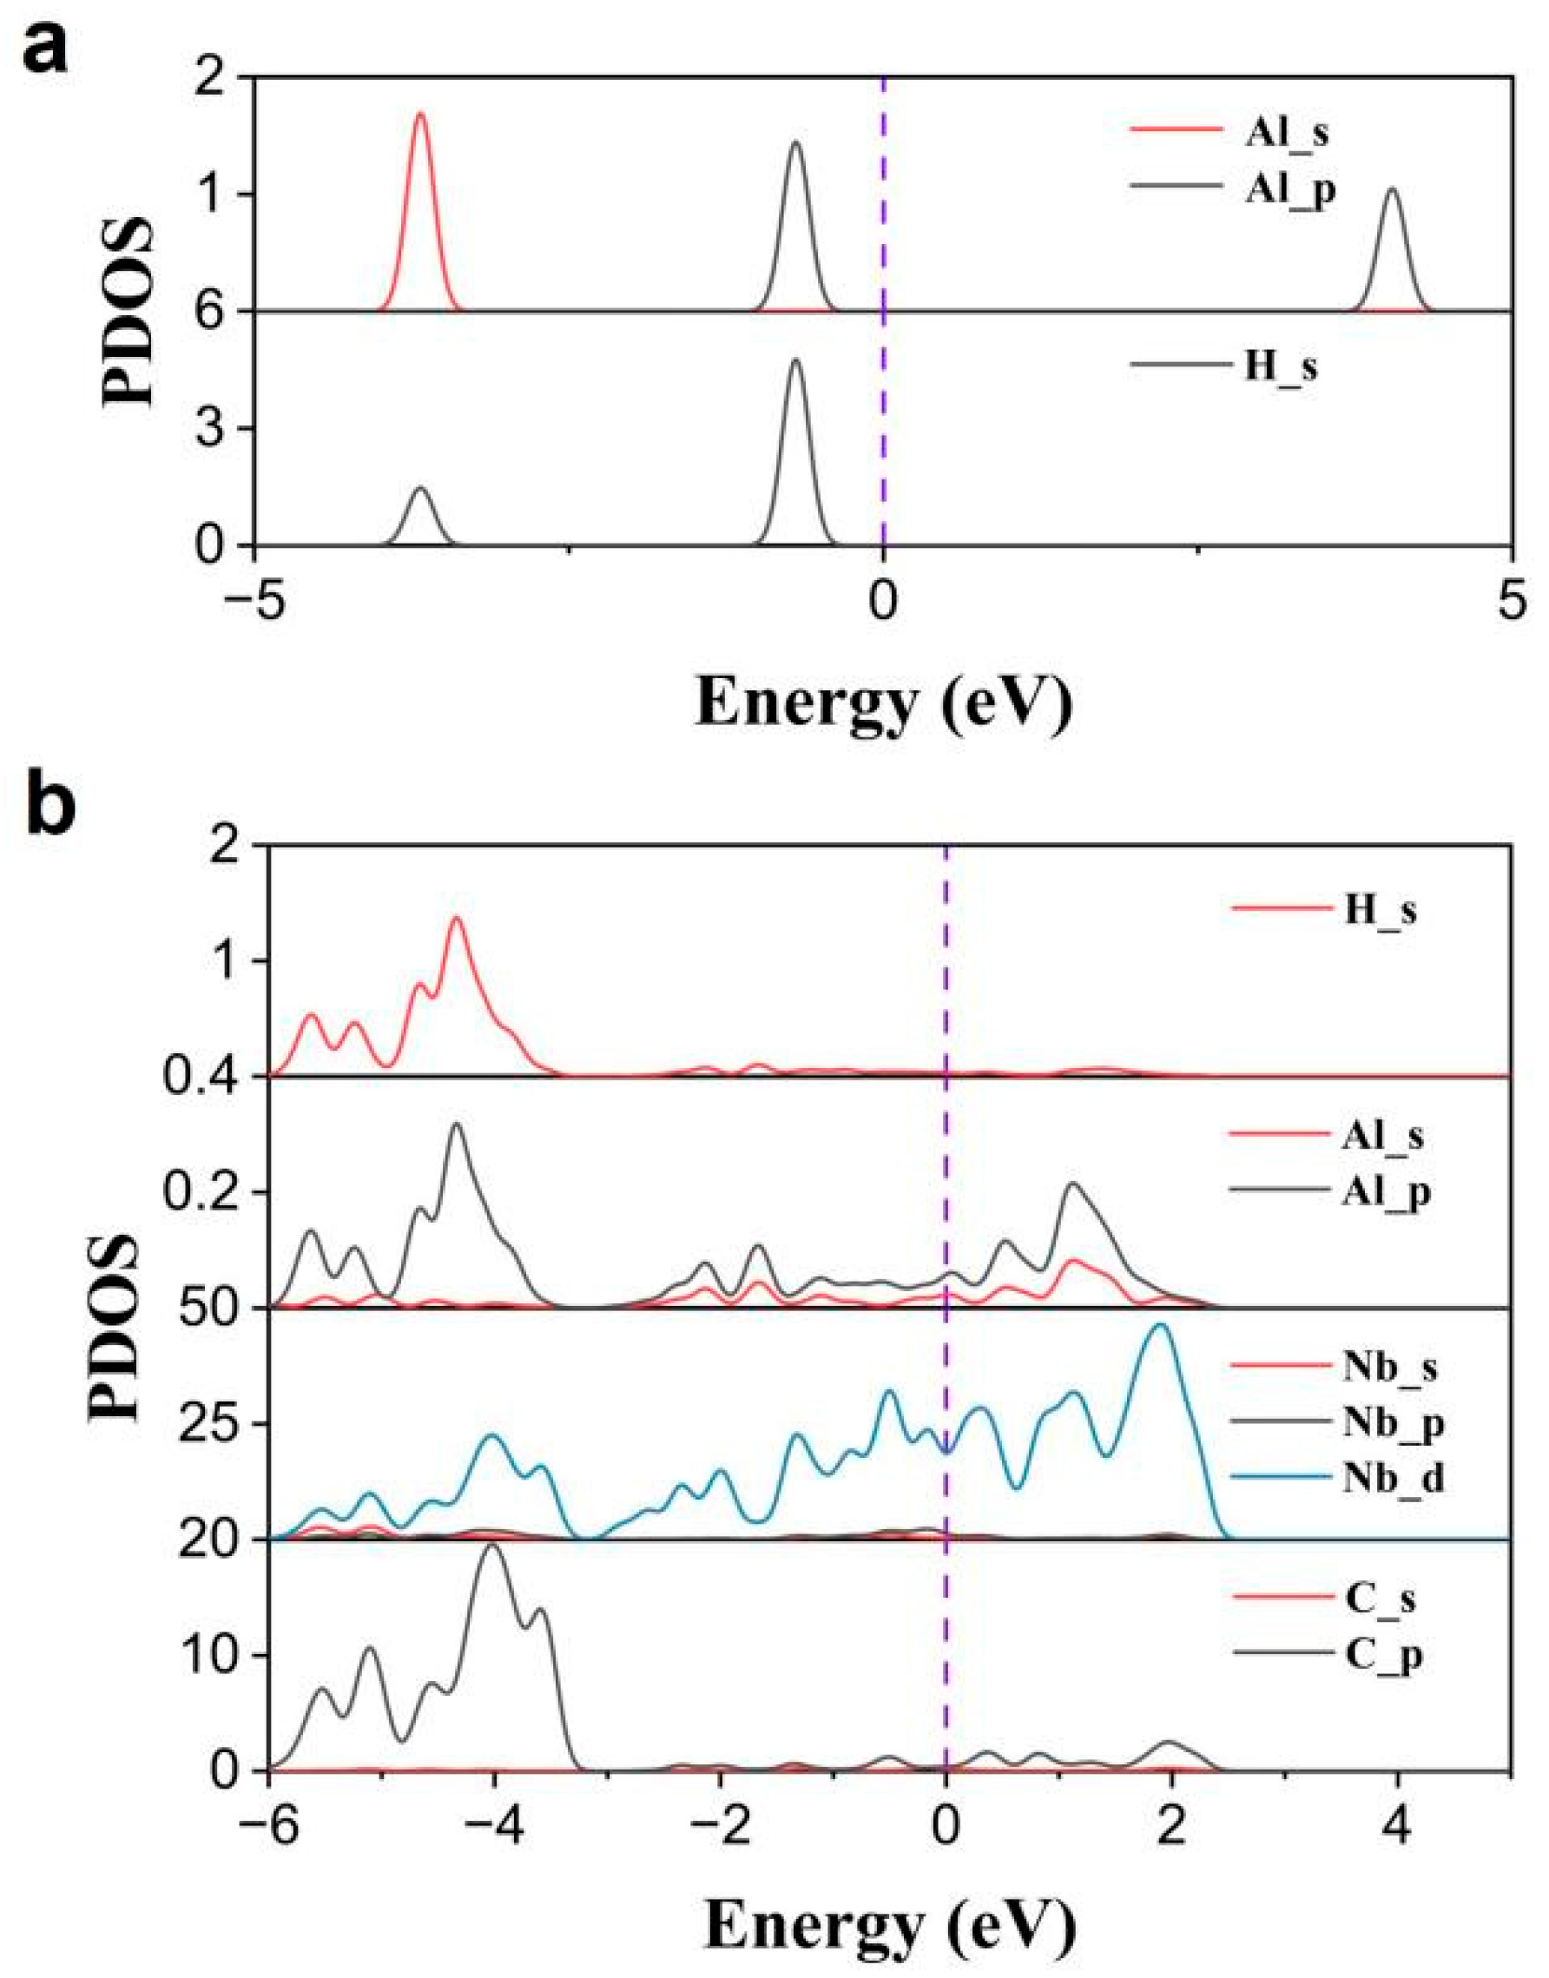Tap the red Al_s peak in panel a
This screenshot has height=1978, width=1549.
click(x=420, y=116)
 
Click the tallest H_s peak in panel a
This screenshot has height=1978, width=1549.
click(x=795, y=363)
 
